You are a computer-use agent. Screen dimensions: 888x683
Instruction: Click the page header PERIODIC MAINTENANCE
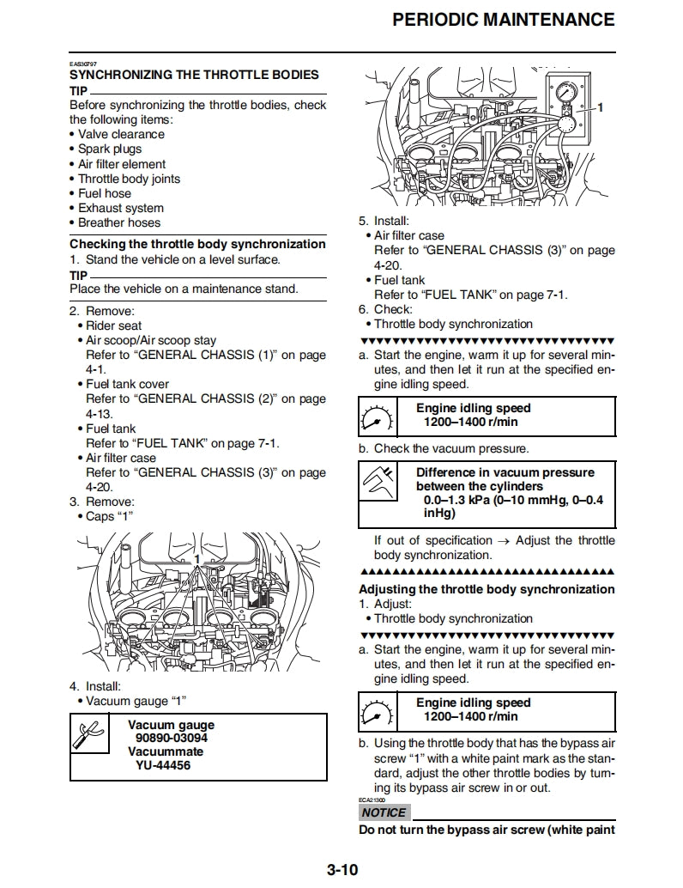503,20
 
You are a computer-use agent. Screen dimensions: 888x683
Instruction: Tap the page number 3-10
341,870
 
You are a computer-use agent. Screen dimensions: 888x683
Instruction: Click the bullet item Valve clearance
121,134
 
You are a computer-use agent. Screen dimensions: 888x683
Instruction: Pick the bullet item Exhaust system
120,208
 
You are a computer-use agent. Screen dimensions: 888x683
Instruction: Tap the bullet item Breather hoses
119,222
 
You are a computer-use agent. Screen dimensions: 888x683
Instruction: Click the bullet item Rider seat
114,325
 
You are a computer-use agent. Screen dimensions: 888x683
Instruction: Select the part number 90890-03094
172,738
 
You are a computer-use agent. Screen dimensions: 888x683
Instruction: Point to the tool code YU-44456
163,765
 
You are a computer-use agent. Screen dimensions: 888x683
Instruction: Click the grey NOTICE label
384,812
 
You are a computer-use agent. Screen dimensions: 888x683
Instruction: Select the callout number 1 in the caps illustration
196,559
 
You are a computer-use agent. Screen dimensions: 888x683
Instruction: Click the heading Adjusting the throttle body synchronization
487,589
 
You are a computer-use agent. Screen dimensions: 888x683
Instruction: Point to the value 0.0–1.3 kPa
456,500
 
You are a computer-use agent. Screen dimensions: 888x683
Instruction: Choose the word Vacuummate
166,751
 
